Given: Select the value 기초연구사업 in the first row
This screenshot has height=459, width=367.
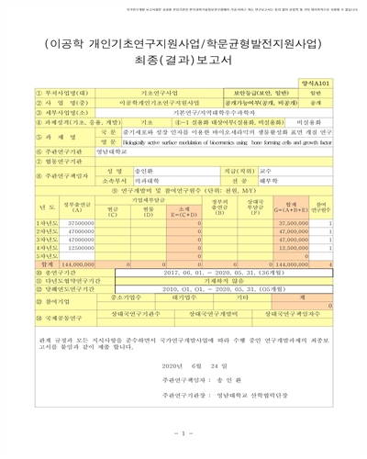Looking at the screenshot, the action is click(159, 93).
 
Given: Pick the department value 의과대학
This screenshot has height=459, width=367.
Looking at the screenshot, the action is click(119, 182).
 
